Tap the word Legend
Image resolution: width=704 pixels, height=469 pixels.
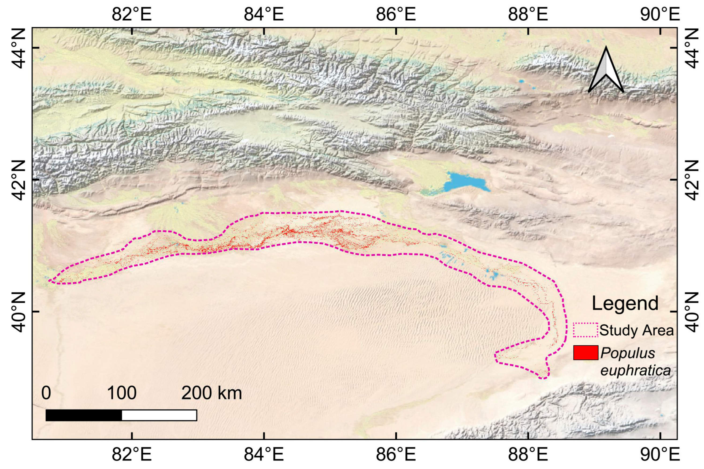[625, 304]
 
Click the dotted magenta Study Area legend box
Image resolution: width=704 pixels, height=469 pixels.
[586, 330]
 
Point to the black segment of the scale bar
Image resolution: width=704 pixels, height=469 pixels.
[84, 415]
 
